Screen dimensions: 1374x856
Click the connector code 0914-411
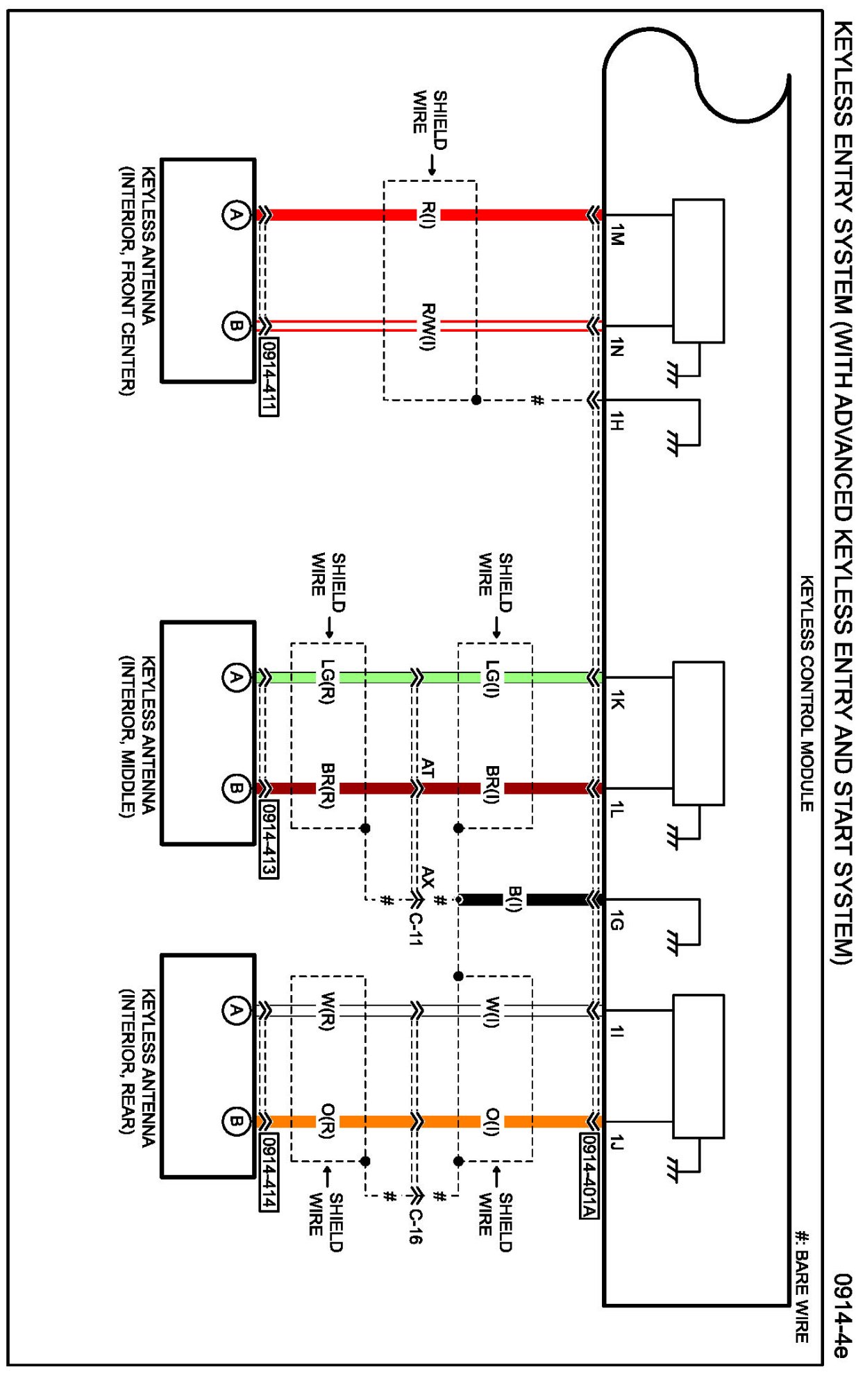click(x=269, y=377)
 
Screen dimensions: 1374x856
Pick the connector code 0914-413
click(x=269, y=839)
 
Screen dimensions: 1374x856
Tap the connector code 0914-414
click(x=269, y=1173)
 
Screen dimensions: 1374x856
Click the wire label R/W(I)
click(x=428, y=326)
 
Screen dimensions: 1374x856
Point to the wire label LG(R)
click(x=328, y=681)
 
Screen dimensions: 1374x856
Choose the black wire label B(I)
click(x=514, y=899)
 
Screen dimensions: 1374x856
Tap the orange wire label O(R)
click(x=328, y=1121)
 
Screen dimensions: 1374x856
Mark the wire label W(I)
click(x=492, y=1010)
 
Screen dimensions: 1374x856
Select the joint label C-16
click(x=414, y=1226)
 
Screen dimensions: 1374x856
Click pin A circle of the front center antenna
click(x=236, y=214)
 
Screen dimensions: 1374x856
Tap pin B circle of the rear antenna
click(x=236, y=1121)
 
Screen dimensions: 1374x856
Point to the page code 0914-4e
click(x=841, y=1314)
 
